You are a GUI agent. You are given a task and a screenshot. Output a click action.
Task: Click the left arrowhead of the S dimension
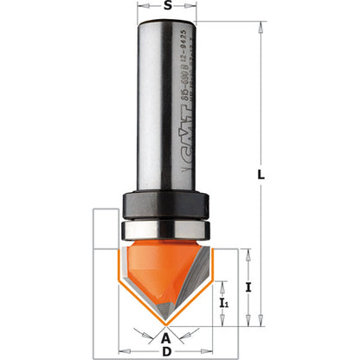tap(141, 16)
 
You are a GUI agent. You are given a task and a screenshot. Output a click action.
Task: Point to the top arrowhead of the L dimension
tap(258, 25)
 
